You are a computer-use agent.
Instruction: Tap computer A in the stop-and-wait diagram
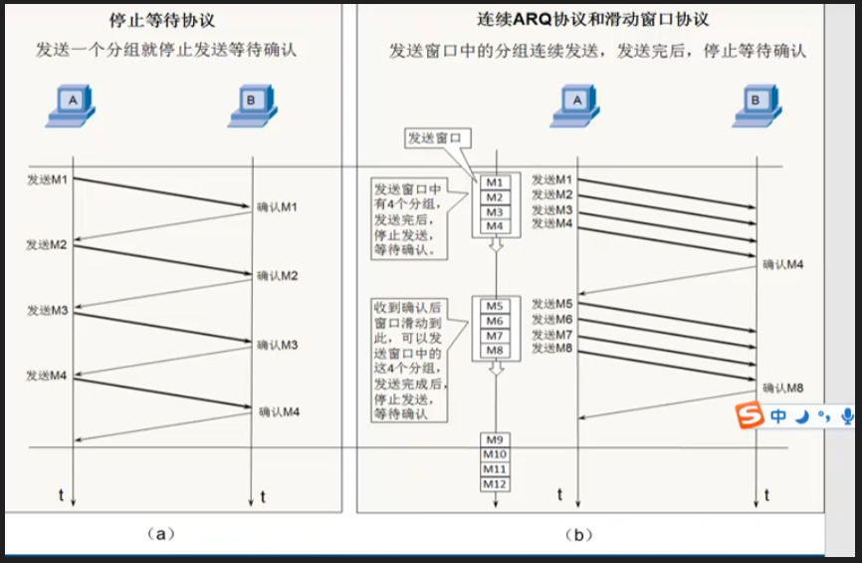(x=71, y=104)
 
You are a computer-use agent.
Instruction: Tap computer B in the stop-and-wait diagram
(x=252, y=104)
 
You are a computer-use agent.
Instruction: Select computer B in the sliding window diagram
(x=756, y=104)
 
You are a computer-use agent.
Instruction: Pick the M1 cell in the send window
(x=495, y=183)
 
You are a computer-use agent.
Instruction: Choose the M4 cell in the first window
(x=495, y=226)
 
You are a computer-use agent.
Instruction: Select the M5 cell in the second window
(x=495, y=306)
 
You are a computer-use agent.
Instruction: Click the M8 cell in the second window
(x=495, y=350)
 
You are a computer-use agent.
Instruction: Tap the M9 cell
(x=495, y=439)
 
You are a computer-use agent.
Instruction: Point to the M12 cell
(x=495, y=483)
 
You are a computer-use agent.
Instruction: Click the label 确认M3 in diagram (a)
(x=278, y=345)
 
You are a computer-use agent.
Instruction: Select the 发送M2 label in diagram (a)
(x=47, y=244)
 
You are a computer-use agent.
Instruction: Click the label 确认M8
(x=782, y=387)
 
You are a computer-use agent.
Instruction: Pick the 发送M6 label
(x=552, y=319)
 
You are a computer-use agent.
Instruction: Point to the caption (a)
(x=160, y=534)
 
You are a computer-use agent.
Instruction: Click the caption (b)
(x=578, y=534)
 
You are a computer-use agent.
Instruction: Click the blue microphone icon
(x=847, y=417)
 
